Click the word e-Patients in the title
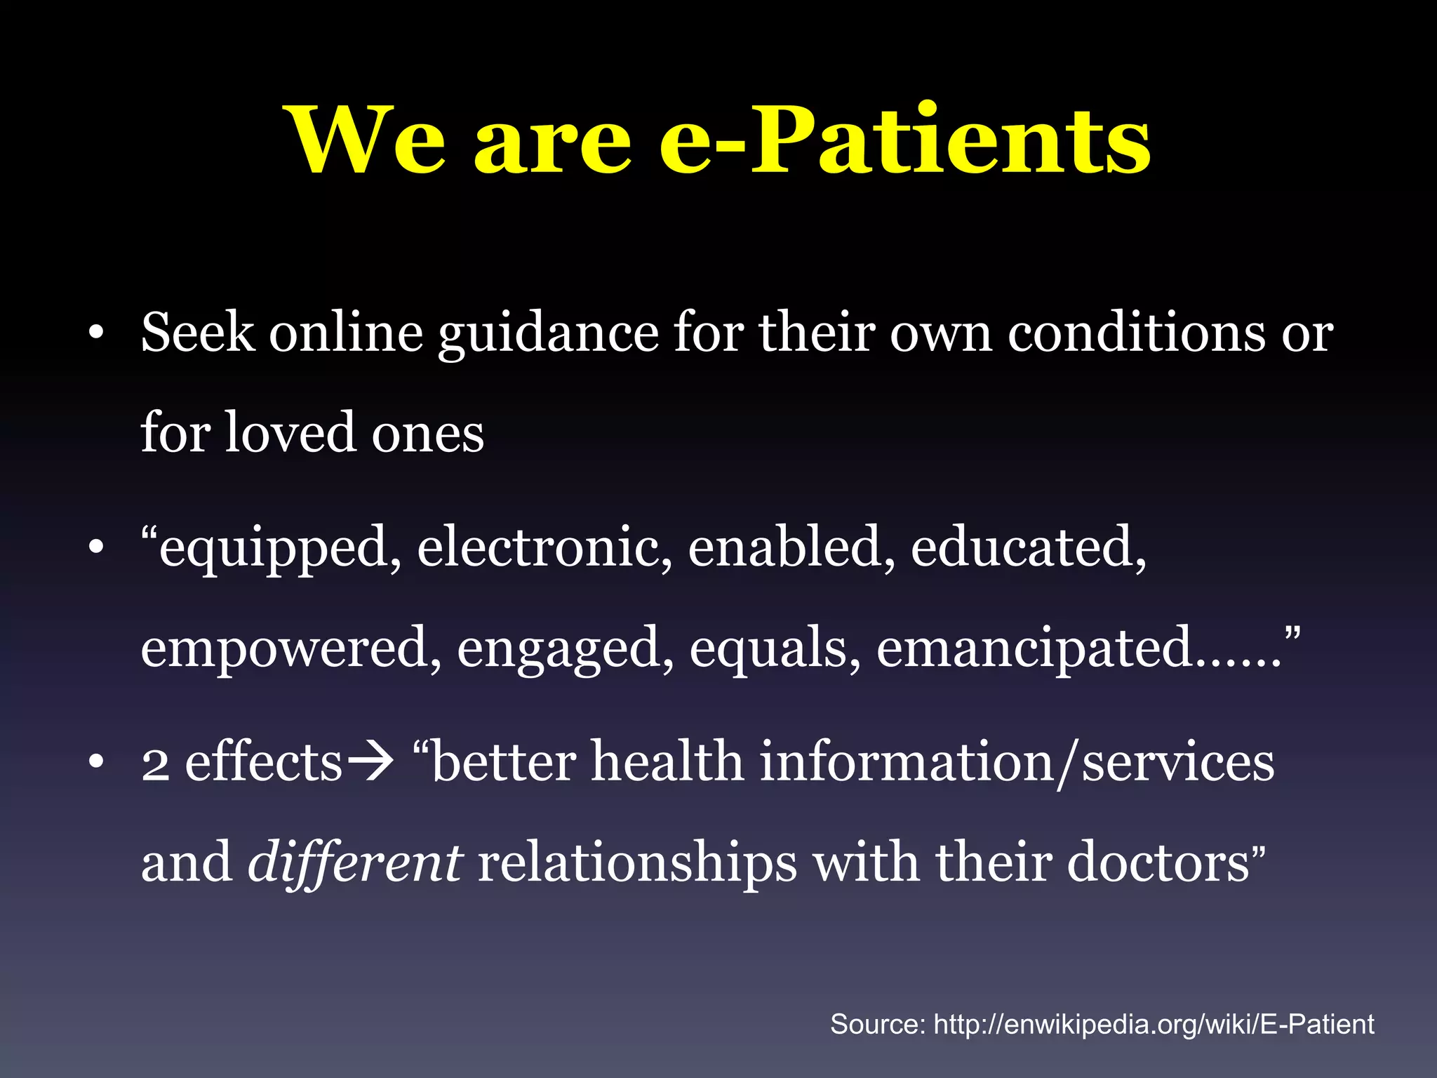click(905, 140)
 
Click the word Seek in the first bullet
click(197, 333)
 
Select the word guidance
click(548, 334)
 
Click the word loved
click(290, 433)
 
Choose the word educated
click(1029, 547)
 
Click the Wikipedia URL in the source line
click(1154, 1025)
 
